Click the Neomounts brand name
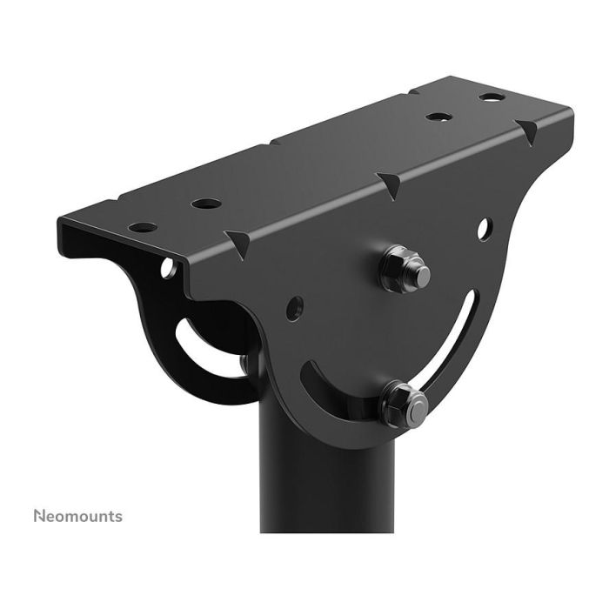click(78, 516)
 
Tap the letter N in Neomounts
click(39, 516)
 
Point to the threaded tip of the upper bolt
click(421, 275)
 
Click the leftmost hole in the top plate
click(143, 227)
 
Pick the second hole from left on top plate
click(206, 204)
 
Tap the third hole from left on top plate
click(437, 115)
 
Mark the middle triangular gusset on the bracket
click(389, 182)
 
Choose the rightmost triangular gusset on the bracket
click(528, 131)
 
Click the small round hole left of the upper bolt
click(294, 305)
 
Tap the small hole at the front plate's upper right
click(485, 232)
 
